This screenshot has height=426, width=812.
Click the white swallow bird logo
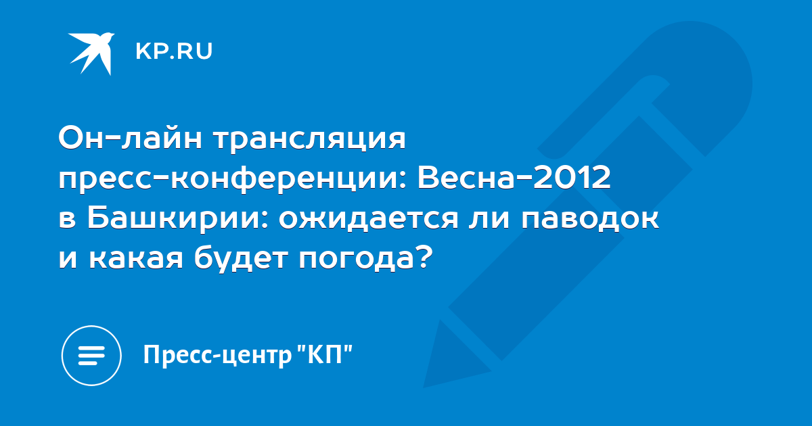(x=91, y=53)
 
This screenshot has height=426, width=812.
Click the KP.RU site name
(x=174, y=51)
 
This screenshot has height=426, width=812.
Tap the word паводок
(x=590, y=220)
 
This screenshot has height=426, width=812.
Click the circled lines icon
(x=91, y=356)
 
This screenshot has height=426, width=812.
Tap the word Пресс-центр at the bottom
(x=217, y=356)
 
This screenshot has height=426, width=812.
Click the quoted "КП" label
(x=325, y=354)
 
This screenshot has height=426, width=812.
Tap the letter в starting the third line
(x=67, y=220)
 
